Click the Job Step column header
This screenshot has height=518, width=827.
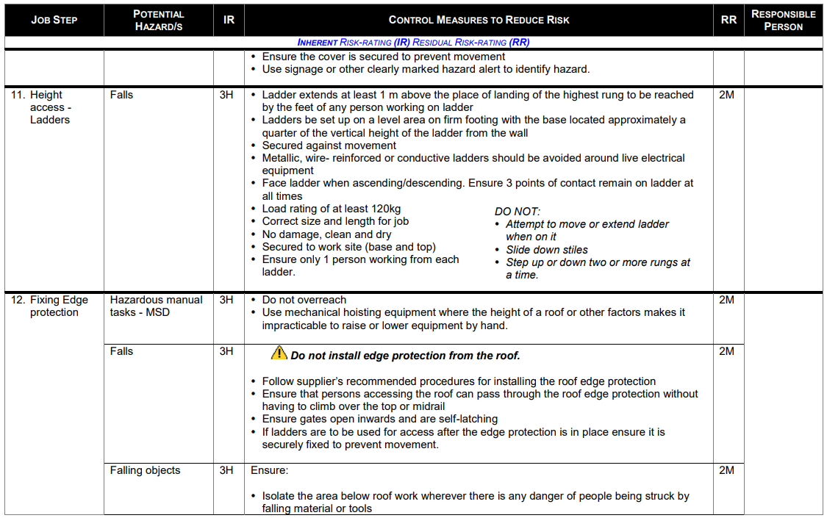(54, 20)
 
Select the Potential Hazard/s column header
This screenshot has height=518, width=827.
(159, 20)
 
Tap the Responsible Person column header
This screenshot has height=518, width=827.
(783, 20)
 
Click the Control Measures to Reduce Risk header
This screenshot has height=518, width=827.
(479, 20)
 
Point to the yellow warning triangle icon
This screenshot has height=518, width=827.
(279, 353)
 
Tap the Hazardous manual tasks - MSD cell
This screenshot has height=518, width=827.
(157, 306)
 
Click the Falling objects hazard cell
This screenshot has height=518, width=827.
(145, 470)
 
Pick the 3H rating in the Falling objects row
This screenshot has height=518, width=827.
(226, 470)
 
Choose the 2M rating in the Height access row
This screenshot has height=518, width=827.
(726, 95)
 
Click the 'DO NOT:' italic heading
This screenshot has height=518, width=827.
(518, 212)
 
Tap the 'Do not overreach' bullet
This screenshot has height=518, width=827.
(304, 300)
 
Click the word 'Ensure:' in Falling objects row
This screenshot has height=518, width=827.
(270, 470)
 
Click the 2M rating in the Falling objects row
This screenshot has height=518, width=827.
(726, 470)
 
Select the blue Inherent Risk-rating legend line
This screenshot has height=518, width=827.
(413, 43)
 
